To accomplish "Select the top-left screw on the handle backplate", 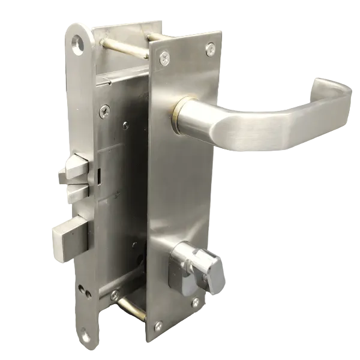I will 164,58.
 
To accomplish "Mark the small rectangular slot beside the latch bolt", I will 97,176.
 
